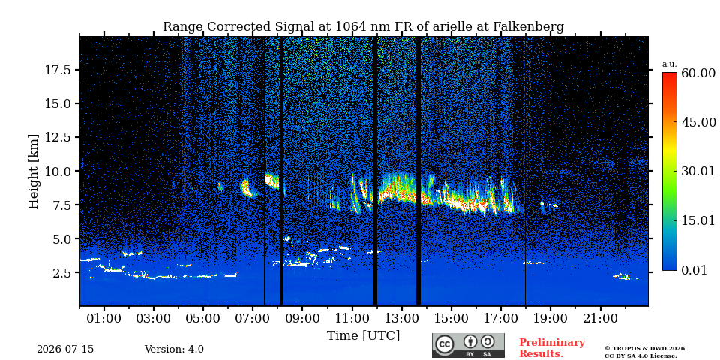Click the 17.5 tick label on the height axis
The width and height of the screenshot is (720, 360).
point(58,70)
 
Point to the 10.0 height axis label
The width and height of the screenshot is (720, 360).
point(58,171)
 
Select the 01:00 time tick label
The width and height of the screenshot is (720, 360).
point(104,318)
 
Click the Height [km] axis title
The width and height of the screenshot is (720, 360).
point(34,171)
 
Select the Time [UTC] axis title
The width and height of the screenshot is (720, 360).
point(363,335)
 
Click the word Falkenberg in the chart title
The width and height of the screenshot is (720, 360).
point(528,27)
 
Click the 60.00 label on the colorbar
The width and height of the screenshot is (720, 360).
point(698,73)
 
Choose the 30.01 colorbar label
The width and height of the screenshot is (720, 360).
point(698,171)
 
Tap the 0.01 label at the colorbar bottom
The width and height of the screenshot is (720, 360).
point(694,270)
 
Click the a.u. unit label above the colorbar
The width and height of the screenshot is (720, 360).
point(670,64)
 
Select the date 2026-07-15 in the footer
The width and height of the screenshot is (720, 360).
point(65,349)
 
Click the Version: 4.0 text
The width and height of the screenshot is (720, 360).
point(174,349)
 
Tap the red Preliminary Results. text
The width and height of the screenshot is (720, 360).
point(552,348)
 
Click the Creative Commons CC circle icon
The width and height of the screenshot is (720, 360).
point(445,344)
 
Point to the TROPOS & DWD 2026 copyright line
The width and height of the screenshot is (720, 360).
point(646,349)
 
